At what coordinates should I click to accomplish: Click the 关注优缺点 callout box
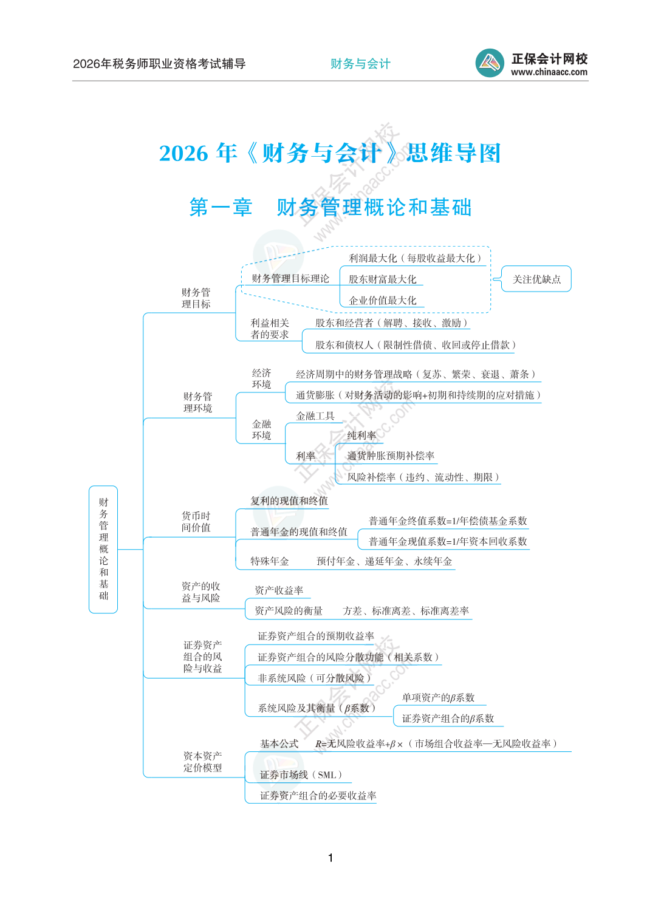tap(536, 279)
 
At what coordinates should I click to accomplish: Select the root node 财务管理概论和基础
tap(103, 549)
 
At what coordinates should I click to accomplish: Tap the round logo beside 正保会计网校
tap(490, 63)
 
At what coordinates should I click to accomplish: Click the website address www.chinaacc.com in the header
tap(549, 72)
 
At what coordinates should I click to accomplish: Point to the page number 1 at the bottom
tap(330, 858)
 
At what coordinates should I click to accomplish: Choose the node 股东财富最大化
tap(382, 279)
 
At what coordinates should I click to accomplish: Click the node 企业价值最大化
tap(382, 300)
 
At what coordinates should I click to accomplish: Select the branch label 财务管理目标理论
tap(290, 279)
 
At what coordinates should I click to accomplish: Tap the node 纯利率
tap(361, 436)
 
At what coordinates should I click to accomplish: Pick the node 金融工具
tap(315, 416)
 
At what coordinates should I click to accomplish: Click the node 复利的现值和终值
tap(289, 500)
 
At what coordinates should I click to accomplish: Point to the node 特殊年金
tap(270, 561)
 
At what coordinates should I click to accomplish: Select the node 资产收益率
tap(279, 590)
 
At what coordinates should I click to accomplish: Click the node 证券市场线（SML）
tap(301, 774)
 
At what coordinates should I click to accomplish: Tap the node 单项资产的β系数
tap(438, 697)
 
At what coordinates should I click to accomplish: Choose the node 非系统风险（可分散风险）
tap(314, 678)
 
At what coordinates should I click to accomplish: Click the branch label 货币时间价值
tap(196, 521)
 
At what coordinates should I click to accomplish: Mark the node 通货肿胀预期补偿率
tap(391, 456)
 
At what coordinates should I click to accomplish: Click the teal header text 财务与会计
tap(360, 64)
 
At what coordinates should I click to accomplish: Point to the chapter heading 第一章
tap(221, 207)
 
